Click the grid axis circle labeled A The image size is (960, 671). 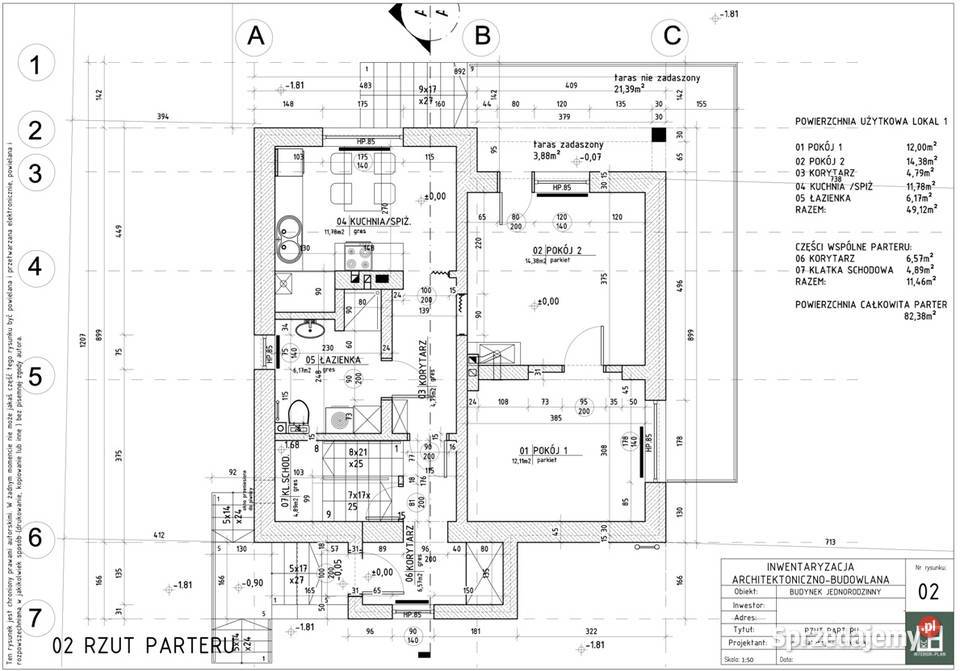point(256,37)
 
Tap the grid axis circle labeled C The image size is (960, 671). point(668,37)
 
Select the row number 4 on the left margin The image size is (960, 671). point(35,268)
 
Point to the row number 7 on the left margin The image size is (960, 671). point(35,614)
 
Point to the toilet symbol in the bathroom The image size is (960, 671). point(297,414)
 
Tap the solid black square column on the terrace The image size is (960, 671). point(658,134)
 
